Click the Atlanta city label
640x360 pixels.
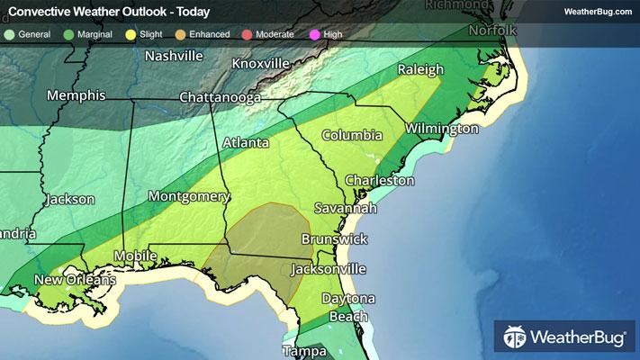[x=246, y=142]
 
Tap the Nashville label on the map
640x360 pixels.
[x=186, y=56]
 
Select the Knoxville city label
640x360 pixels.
[x=260, y=64]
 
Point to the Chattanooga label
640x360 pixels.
[x=220, y=97]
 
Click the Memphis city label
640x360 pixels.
[x=77, y=95]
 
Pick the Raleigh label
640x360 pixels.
[x=421, y=69]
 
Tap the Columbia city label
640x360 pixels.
[x=353, y=135]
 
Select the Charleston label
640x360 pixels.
[x=380, y=180]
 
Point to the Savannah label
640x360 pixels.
[x=345, y=208]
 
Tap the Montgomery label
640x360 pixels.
[x=188, y=196]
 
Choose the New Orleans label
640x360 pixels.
[x=75, y=281]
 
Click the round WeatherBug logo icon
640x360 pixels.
[x=516, y=338]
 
